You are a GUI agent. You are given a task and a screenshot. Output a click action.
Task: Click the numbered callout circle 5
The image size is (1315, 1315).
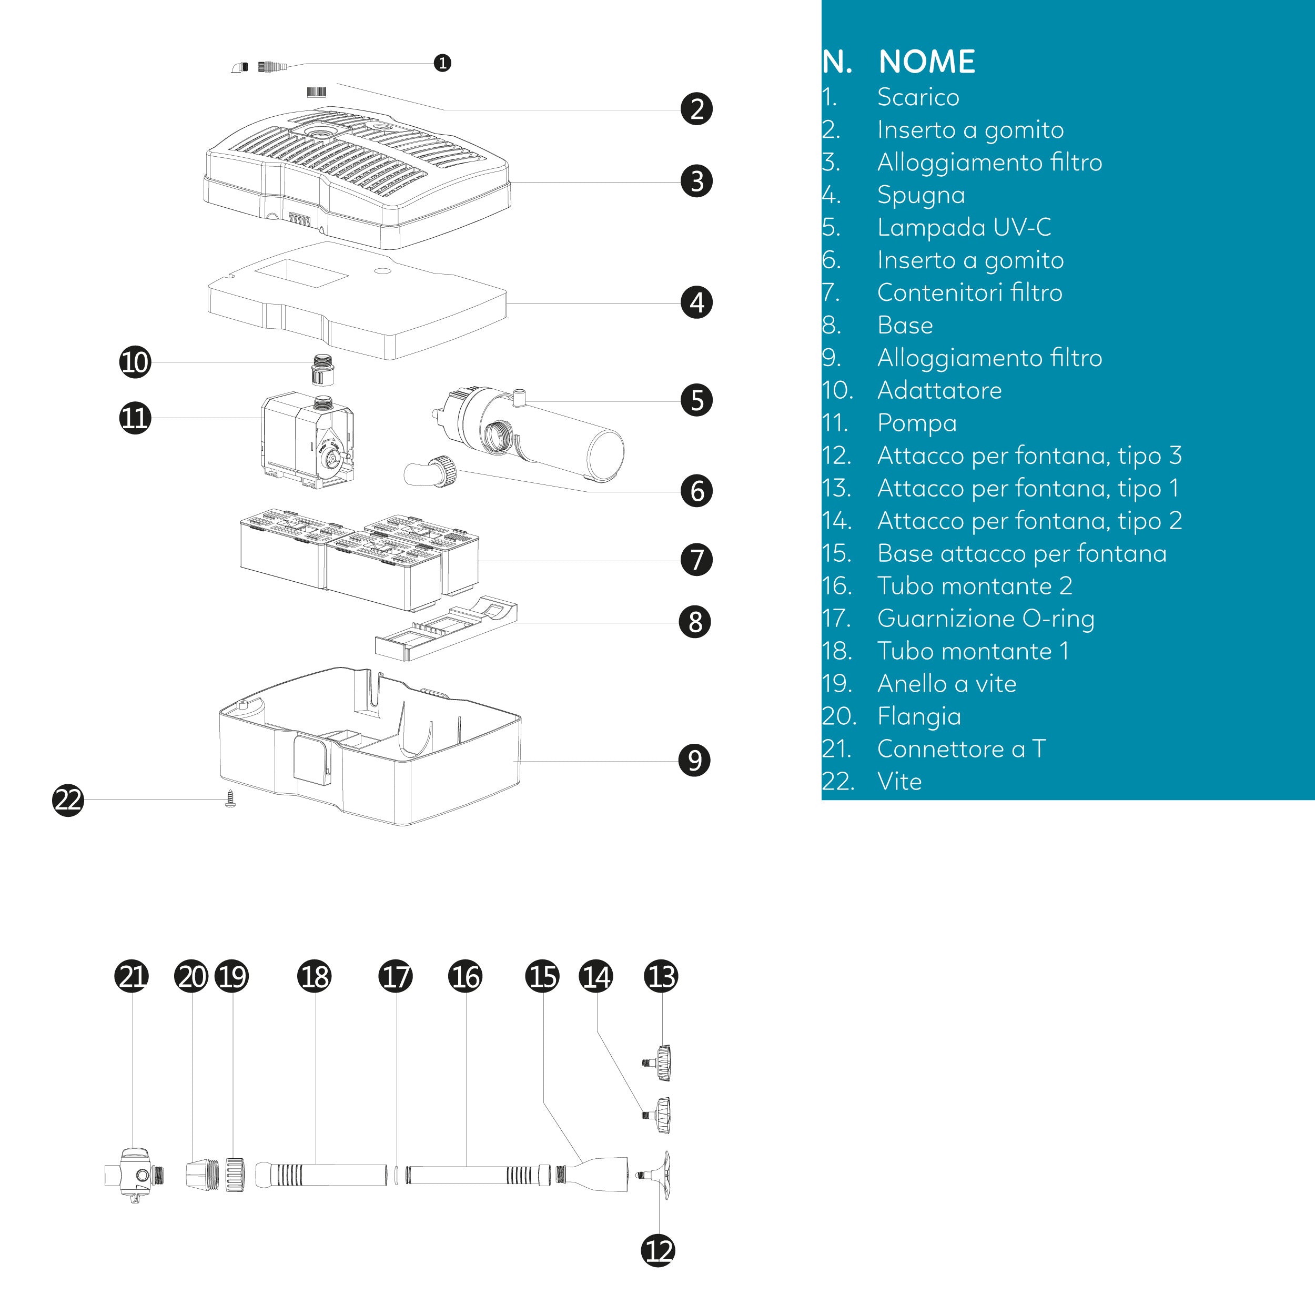[696, 400]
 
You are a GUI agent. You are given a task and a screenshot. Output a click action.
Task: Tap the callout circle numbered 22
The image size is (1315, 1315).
[68, 799]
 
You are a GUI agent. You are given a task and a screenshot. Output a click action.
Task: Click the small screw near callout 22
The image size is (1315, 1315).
[230, 798]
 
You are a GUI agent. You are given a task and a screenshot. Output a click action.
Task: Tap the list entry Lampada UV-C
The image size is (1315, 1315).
[963, 227]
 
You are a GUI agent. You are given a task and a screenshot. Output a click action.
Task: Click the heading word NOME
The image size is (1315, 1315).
[926, 62]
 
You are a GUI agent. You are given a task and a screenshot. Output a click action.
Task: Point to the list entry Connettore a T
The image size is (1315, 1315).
[960, 748]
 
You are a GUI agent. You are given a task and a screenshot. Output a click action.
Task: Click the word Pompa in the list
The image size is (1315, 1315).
[916, 423]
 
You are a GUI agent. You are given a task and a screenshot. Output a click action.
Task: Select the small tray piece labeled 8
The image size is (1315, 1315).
[446, 630]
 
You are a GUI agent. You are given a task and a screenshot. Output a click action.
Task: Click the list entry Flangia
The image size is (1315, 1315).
[918, 716]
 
